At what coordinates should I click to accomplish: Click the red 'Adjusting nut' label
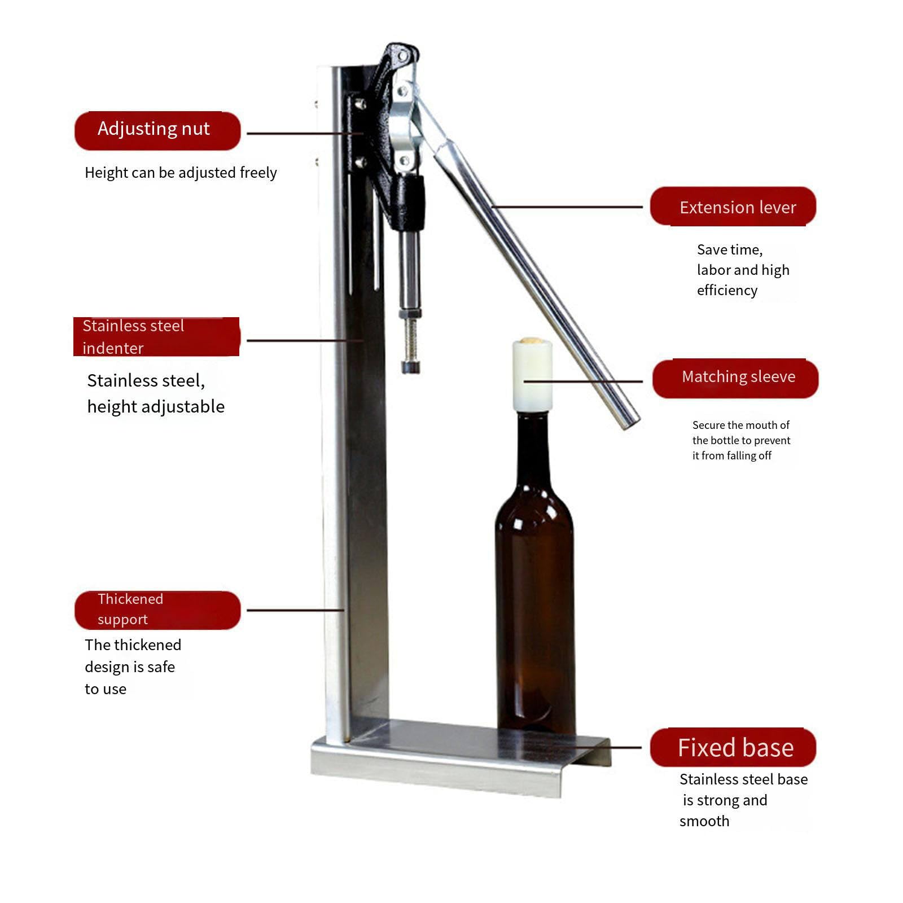coord(157,131)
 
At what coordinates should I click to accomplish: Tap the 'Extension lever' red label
coord(733,207)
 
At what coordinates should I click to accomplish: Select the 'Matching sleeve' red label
coord(735,378)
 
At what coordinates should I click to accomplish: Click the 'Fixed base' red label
coord(733,747)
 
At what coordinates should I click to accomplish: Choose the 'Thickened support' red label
coord(157,610)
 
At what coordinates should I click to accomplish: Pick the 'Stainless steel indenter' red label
coord(156,336)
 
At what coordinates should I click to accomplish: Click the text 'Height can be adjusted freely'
coord(181,173)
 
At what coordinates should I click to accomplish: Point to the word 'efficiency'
coord(727,290)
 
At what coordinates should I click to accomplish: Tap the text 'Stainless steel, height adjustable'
coord(156,393)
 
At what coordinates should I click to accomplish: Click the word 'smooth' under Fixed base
coord(704,821)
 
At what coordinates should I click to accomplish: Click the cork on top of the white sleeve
coord(531,341)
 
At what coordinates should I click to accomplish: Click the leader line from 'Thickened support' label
coord(296,610)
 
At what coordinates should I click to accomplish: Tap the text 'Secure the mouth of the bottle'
coord(741,432)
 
